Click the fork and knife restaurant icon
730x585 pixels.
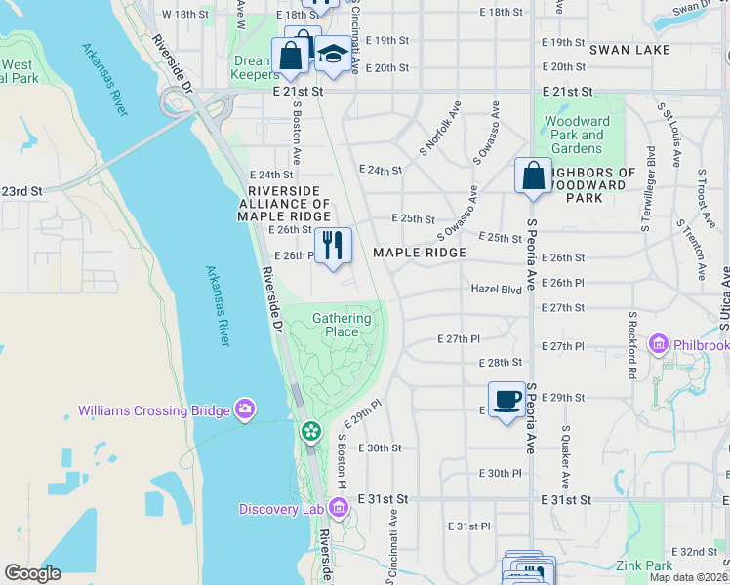[x=333, y=245]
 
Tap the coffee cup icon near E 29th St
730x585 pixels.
[x=506, y=399]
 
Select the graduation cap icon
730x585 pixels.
[x=333, y=56]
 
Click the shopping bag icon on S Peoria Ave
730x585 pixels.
[x=533, y=175]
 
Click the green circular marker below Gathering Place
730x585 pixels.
[x=311, y=430]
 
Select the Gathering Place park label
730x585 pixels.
[x=342, y=325]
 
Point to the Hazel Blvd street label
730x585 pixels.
[x=498, y=289]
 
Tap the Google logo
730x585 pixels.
[x=32, y=573]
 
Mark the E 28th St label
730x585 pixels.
[x=502, y=362]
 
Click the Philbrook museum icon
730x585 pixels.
[x=659, y=344]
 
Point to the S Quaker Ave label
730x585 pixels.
[x=564, y=456]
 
